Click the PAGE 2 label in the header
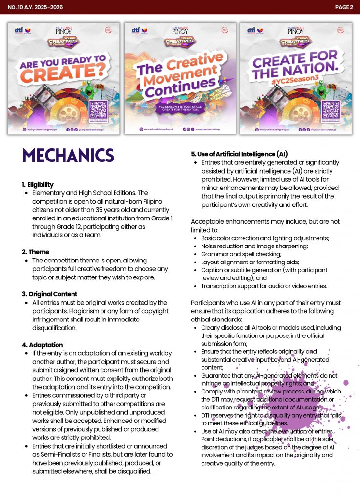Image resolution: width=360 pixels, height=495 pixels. (344, 7)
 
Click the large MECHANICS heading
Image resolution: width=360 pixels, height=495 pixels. (68, 156)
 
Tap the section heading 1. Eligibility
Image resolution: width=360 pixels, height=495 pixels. (38, 184)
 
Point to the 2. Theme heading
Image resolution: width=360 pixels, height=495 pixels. (35, 252)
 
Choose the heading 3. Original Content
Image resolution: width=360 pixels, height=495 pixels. (49, 294)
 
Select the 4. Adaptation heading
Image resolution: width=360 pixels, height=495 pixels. (42, 345)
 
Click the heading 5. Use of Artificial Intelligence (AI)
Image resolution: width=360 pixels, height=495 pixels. (239, 154)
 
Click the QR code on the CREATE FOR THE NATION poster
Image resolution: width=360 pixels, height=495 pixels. (331, 109)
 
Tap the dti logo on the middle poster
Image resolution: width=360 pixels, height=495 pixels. (136, 30)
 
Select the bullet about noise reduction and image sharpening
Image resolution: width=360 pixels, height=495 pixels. (254, 246)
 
